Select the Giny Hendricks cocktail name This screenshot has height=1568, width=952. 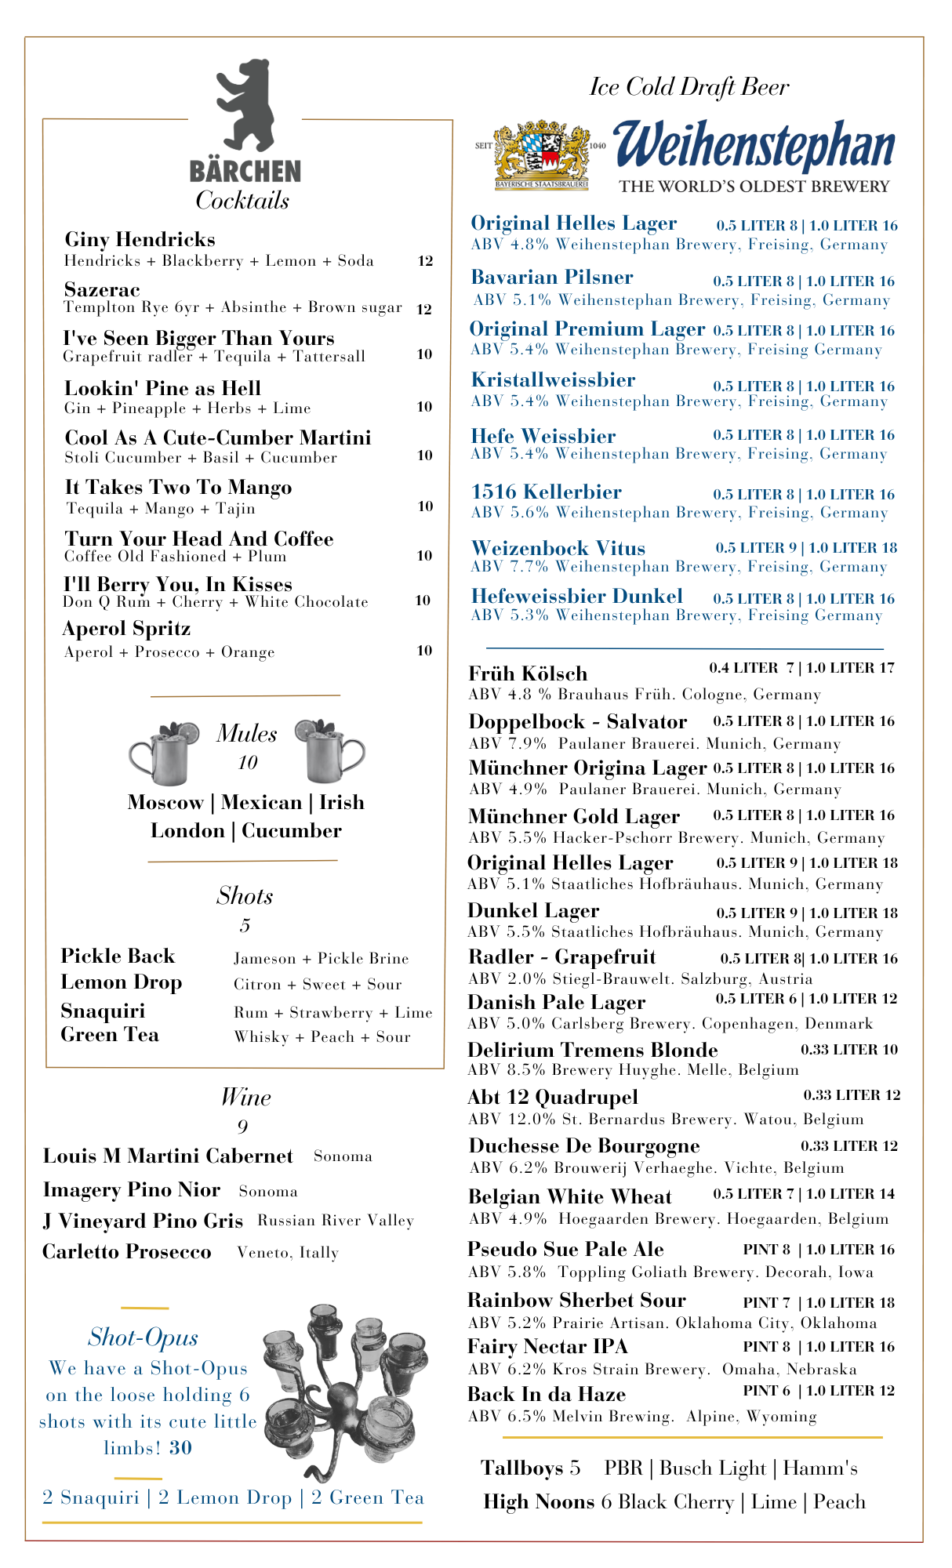(x=140, y=239)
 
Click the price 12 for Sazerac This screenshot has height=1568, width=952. (x=424, y=309)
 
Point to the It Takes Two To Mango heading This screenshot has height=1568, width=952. (x=178, y=488)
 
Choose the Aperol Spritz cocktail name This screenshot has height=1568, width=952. (x=126, y=629)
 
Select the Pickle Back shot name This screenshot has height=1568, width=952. (x=118, y=956)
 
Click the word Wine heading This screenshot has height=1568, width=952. (x=245, y=1097)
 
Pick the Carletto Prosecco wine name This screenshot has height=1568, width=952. (x=126, y=1252)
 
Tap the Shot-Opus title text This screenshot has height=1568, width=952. (x=143, y=1338)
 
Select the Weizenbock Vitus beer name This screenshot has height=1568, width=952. (x=558, y=548)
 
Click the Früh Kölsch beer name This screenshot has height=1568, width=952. (x=527, y=673)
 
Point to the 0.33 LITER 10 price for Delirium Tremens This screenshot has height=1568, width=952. (x=849, y=1050)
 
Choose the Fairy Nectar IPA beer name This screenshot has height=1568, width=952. (x=547, y=1347)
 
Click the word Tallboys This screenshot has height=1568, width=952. (x=521, y=1468)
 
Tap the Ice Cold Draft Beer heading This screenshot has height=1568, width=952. (x=689, y=87)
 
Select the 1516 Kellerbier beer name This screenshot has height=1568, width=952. (x=546, y=492)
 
